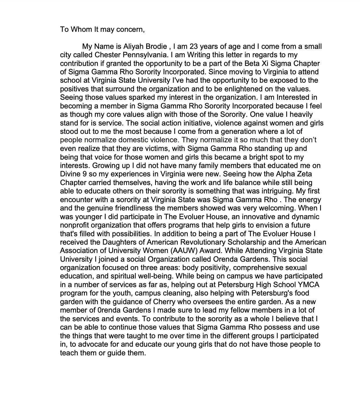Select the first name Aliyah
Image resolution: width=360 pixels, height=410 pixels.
coord(133,46)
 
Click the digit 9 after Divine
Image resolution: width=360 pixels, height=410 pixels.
coord(84,174)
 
